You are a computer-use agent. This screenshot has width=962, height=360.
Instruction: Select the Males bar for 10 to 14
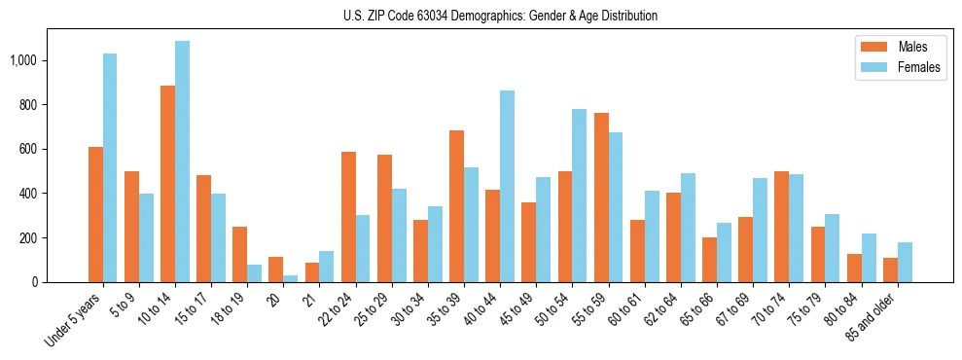(x=167, y=184)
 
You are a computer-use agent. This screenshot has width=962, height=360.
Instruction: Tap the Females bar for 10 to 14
(x=182, y=162)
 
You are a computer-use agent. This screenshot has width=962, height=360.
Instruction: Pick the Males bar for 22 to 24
(x=348, y=217)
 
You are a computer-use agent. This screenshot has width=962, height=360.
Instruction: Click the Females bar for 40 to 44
(x=507, y=186)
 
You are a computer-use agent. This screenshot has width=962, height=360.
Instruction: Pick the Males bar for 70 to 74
(x=781, y=227)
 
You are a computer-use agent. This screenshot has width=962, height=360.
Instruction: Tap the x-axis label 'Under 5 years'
(x=73, y=319)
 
